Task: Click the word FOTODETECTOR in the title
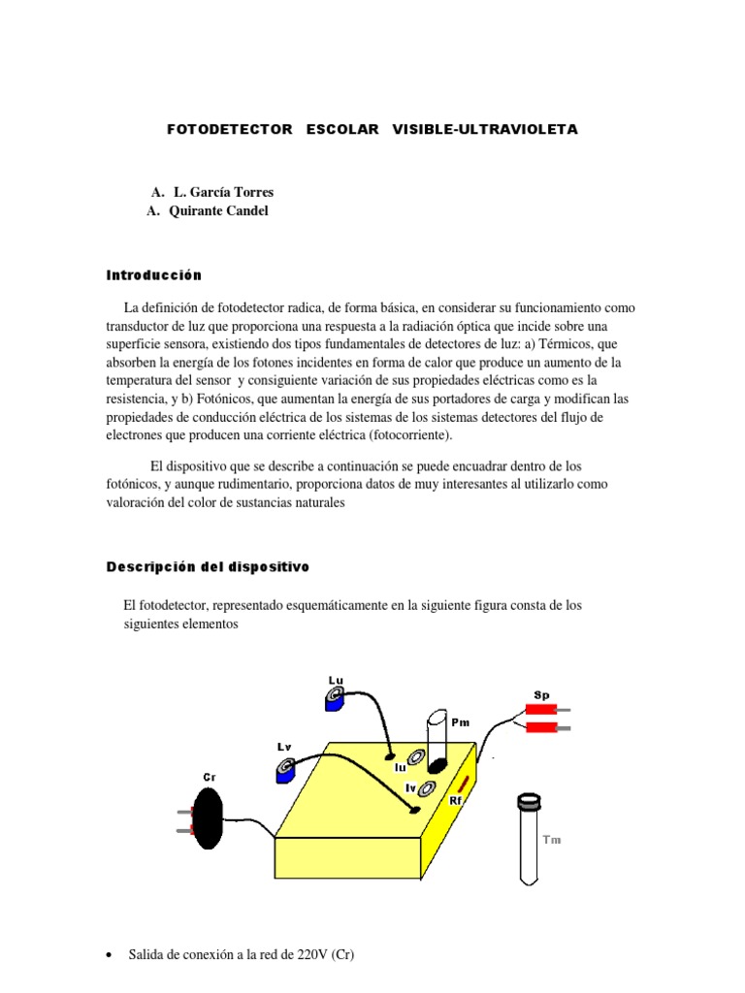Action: click(x=229, y=129)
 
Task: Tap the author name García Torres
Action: click(x=223, y=192)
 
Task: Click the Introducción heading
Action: click(x=153, y=275)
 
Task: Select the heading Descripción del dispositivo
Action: click(x=208, y=566)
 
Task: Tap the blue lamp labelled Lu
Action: click(x=336, y=697)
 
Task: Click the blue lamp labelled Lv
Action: click(x=285, y=771)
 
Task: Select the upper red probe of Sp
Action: click(x=540, y=709)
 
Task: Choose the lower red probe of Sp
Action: click(x=540, y=727)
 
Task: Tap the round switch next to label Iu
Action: click(x=416, y=758)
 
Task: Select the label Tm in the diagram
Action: click(x=551, y=840)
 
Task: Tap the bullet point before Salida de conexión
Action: click(x=108, y=956)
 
